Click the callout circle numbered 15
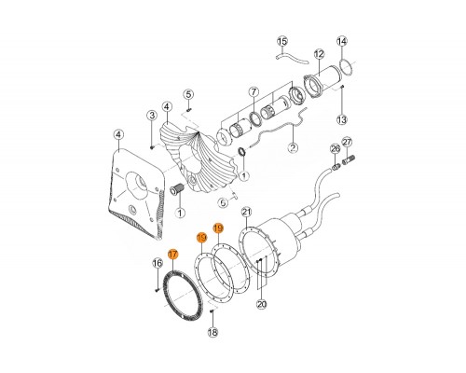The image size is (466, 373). (282, 41)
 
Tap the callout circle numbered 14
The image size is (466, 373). (342, 41)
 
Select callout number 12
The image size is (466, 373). (319, 54)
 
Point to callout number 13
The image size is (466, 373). (342, 119)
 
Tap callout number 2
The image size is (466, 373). (294, 147)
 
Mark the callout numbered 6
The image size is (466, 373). (224, 203)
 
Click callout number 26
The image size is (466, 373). (336, 149)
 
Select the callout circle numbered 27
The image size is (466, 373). (347, 143)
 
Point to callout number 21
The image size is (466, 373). (247, 213)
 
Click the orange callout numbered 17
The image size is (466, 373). (172, 255)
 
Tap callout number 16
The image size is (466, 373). (158, 264)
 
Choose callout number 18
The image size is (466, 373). (212, 333)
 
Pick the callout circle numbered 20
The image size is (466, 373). (262, 304)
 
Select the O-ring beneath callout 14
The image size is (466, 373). (347, 66)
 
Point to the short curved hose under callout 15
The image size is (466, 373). (292, 59)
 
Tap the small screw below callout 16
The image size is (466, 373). (157, 290)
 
